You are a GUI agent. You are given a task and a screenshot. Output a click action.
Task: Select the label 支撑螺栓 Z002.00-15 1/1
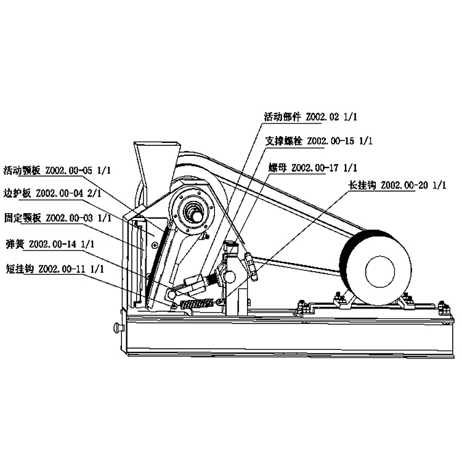tap(319, 141)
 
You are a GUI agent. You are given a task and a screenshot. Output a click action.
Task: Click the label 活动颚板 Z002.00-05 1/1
tap(57, 170)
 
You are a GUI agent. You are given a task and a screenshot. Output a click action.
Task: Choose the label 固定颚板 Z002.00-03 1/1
tap(57, 218)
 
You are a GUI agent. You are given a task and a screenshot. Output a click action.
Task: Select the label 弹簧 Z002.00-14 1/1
tap(49, 244)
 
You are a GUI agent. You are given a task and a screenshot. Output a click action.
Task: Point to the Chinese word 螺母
tap(278, 168)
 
